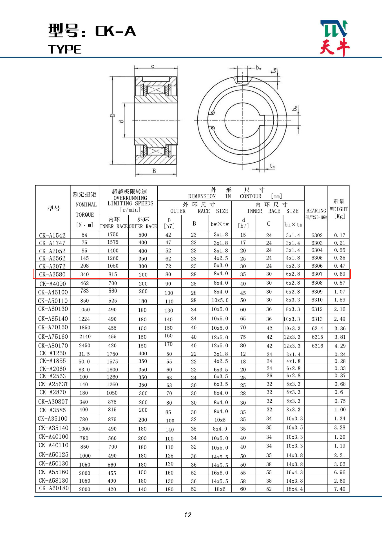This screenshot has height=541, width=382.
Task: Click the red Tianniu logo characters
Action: click(x=334, y=47)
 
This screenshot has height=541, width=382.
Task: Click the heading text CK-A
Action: click(x=115, y=31)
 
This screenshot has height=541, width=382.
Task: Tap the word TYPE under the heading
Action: click(x=64, y=49)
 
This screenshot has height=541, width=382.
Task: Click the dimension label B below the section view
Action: click(x=154, y=171)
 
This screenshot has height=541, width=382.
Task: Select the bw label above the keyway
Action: click(x=258, y=68)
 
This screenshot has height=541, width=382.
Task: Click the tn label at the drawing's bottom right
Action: click(x=272, y=166)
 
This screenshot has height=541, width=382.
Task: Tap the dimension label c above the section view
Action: click(x=153, y=66)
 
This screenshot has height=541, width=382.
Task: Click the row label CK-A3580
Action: click(x=52, y=274)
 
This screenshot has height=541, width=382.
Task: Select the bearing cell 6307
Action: click(x=317, y=274)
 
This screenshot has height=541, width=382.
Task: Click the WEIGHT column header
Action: click(x=339, y=209)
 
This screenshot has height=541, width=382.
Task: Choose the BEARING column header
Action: click(x=316, y=211)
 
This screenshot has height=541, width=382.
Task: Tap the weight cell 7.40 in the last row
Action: click(x=339, y=489)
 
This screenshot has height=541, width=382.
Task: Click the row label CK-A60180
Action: click(x=54, y=488)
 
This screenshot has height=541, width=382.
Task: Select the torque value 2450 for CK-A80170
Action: click(x=84, y=345)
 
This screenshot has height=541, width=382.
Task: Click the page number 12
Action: click(x=188, y=515)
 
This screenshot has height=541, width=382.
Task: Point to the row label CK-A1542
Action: click(x=52, y=235)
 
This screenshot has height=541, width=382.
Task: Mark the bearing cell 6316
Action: click(x=317, y=346)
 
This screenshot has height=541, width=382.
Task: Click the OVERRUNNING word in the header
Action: click(x=130, y=198)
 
